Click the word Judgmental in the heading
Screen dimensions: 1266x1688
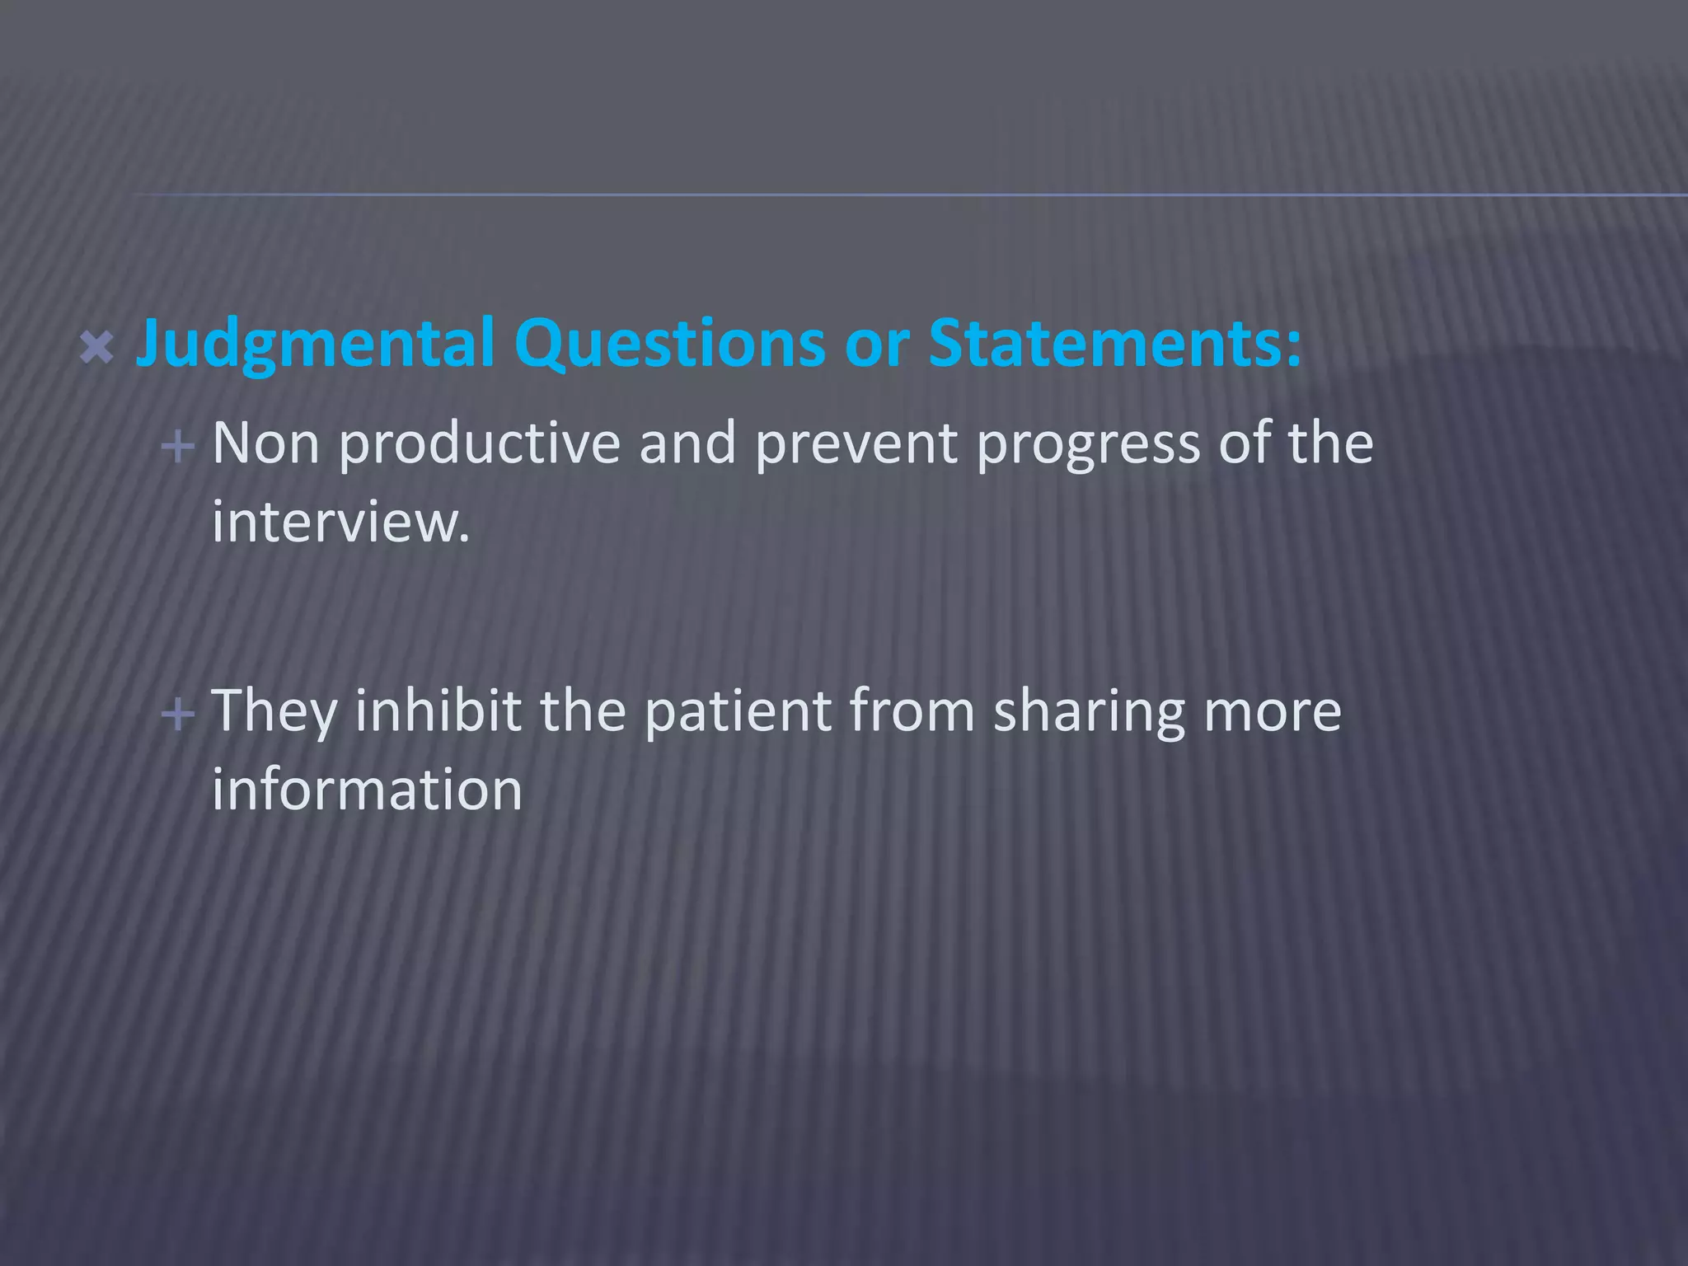point(315,344)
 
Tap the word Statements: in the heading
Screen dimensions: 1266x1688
point(1115,342)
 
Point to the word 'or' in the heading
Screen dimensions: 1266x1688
point(877,344)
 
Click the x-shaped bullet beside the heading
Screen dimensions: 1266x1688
point(97,348)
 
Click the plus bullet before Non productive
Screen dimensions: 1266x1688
point(178,448)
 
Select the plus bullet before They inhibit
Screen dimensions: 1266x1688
point(178,714)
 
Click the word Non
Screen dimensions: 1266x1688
point(265,443)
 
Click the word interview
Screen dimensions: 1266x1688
point(340,522)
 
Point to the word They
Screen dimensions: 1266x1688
point(274,710)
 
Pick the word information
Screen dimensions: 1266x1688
point(367,789)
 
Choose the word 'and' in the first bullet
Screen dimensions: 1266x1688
point(687,443)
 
